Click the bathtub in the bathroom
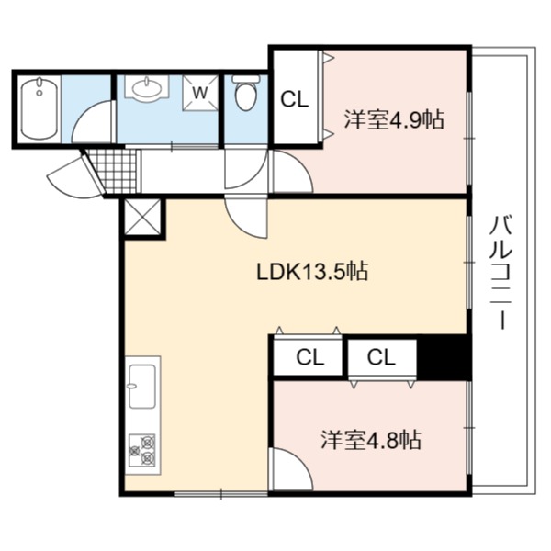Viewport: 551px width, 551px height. coord(39,108)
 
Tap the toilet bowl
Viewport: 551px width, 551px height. coord(245,93)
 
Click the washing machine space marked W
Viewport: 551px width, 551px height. coord(200,93)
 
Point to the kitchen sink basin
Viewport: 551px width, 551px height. coord(142,387)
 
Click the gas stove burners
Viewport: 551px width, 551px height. coord(142,450)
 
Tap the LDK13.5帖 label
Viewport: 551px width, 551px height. coord(312,272)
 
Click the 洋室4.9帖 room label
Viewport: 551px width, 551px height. coord(394,119)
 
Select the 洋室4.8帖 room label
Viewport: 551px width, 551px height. coord(371,440)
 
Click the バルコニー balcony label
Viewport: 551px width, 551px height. coord(501,273)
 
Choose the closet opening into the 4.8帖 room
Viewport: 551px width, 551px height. coord(382,361)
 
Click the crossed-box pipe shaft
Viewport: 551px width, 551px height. coord(142,217)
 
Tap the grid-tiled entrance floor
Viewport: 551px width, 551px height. coord(113,172)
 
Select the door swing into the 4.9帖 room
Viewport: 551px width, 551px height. coord(293,172)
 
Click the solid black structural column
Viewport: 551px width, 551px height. coord(444,357)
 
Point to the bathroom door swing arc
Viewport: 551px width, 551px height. coord(92,121)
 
